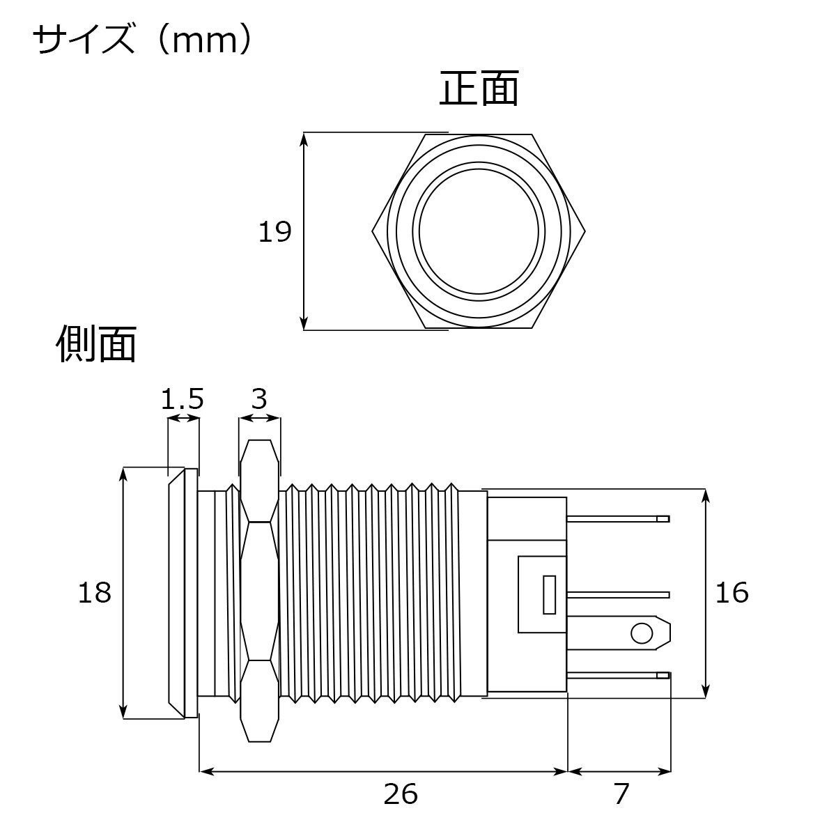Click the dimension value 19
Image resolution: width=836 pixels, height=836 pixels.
click(274, 232)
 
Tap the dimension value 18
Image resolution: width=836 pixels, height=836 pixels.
click(95, 593)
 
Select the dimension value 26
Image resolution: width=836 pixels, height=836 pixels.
click(401, 794)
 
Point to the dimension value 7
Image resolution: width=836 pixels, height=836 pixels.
click(621, 794)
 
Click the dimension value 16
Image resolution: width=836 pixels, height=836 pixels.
click(732, 593)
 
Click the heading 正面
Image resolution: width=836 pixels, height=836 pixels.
click(479, 88)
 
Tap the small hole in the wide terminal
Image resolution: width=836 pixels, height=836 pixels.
click(642, 634)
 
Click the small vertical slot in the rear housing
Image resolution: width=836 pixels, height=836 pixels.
click(549, 595)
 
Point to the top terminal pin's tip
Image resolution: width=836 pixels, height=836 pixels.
click(669, 519)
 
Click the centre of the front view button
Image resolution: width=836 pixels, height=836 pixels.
click(479, 232)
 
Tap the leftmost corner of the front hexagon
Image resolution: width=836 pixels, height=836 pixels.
click(373, 232)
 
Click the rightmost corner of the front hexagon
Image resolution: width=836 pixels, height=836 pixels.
click(585, 232)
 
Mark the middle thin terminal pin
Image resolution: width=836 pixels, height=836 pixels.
click(619, 595)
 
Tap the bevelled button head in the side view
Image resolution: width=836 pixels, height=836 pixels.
click(183, 593)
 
